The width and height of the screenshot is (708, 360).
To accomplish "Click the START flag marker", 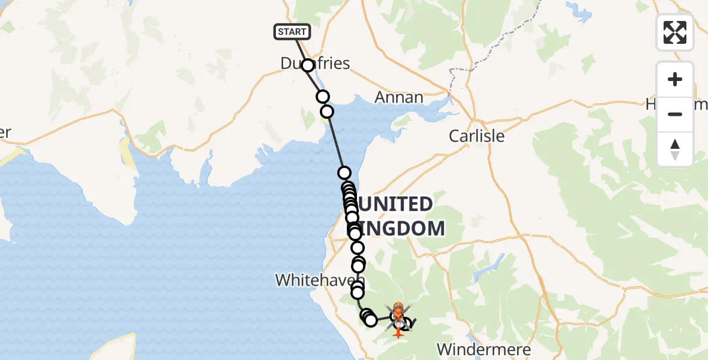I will coord(292,32).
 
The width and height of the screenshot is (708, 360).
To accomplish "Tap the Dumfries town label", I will coord(316,63).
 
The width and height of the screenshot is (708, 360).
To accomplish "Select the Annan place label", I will coord(399,97).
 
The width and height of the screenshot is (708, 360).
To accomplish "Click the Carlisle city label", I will coord(476,136).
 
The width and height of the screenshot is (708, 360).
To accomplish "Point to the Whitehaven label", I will coord(320,280).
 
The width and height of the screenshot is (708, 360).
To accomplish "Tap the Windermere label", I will coord(484,349).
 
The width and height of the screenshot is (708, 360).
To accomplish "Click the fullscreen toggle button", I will coord(675,32).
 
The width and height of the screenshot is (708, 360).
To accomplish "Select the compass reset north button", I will coord(675,149).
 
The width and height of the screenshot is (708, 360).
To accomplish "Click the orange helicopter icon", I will coord(398,319).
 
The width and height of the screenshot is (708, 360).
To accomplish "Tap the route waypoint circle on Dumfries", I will coord(308,65).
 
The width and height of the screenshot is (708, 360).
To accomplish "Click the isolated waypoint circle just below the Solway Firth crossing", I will coord(344,173).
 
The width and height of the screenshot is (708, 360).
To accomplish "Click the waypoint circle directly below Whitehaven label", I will coord(358,293).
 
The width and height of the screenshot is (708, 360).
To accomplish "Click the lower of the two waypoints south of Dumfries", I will coord(327,112).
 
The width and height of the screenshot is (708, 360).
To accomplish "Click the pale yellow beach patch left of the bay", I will coord(127,153).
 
